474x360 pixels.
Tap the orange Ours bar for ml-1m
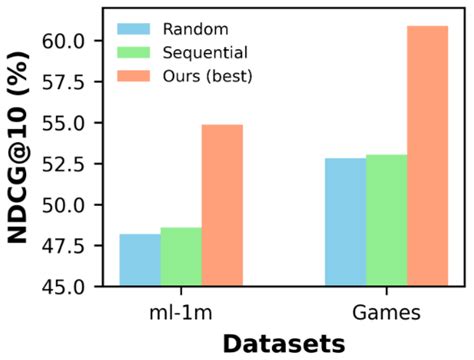[x=222, y=206]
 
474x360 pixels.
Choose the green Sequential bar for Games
[x=386, y=220]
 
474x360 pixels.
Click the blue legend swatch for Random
[x=136, y=27]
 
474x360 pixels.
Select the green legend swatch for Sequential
[x=136, y=49]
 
